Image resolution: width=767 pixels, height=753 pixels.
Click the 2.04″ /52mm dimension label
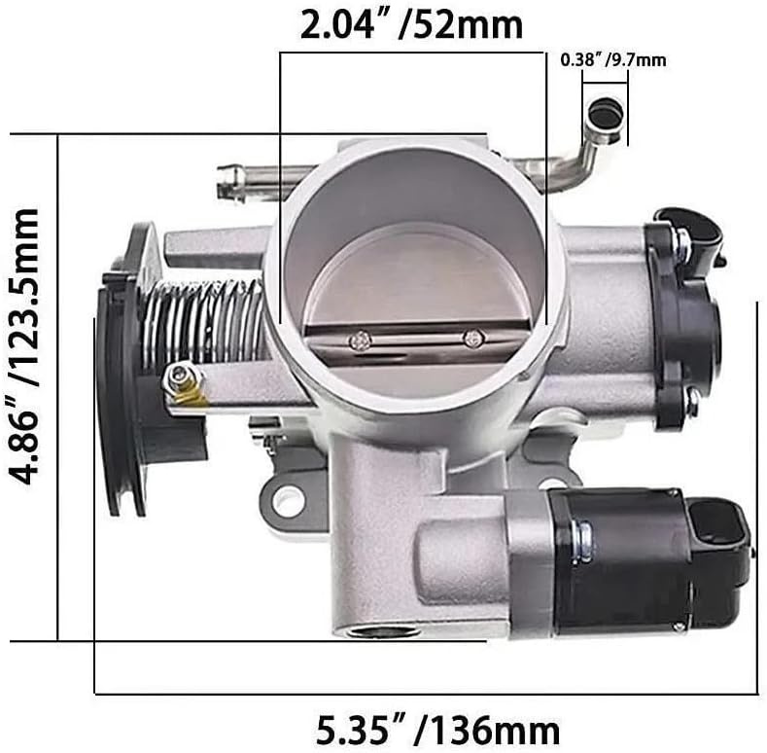click(411, 25)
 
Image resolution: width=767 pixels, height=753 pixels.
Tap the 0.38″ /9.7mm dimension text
click(613, 60)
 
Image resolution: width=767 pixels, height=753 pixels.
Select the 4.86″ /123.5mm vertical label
click(23, 346)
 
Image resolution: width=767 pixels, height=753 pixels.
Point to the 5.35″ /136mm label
click(437, 730)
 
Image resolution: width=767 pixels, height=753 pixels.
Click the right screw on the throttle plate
click(473, 338)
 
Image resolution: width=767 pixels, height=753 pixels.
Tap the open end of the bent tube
click(605, 116)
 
